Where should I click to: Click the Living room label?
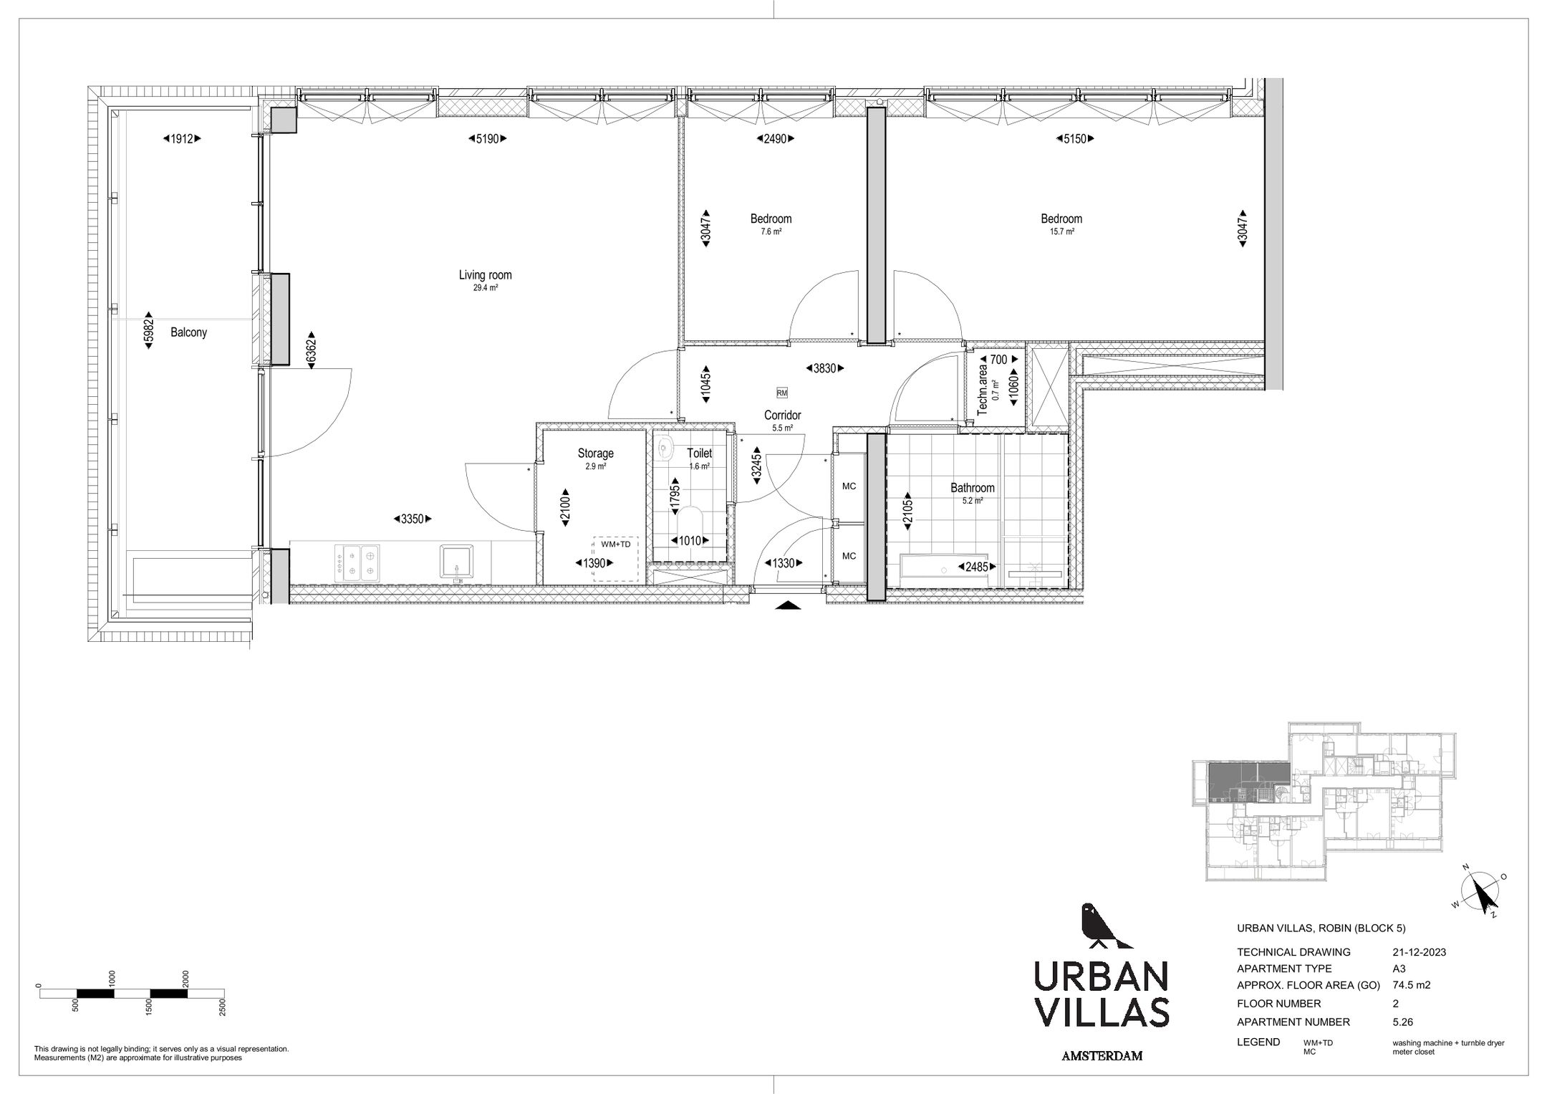point(485,275)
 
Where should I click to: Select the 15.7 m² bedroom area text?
point(1061,231)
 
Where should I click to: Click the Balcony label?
point(188,332)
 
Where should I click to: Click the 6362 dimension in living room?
point(311,350)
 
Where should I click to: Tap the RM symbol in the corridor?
point(781,393)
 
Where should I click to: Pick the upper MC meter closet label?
point(849,486)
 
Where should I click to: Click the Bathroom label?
point(972,488)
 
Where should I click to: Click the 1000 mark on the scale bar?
point(112,979)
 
